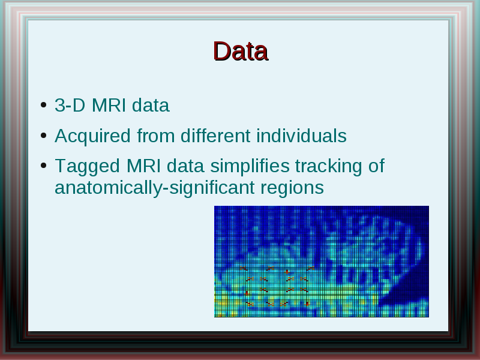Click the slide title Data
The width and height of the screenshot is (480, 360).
(241, 52)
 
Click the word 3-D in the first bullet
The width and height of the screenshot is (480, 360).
(70, 106)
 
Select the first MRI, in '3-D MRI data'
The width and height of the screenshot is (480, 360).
(109, 106)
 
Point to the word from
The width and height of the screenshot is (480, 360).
(156, 136)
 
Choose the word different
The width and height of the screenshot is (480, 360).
(215, 136)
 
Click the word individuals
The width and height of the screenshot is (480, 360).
(302, 136)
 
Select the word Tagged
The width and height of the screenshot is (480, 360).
(87, 167)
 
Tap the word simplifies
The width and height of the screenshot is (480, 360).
(250, 167)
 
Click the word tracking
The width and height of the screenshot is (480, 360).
(329, 167)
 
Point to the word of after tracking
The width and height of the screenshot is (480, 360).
(376, 166)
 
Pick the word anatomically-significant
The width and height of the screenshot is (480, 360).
(155, 188)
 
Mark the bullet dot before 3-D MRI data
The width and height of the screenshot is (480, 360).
(43, 105)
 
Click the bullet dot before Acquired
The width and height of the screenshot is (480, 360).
(43, 136)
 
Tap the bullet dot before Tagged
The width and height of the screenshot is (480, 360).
(43, 166)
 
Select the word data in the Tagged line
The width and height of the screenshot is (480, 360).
(185, 166)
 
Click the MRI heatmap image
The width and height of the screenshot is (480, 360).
(322, 262)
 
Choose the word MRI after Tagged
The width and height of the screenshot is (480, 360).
(143, 166)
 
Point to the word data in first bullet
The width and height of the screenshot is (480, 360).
(151, 106)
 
